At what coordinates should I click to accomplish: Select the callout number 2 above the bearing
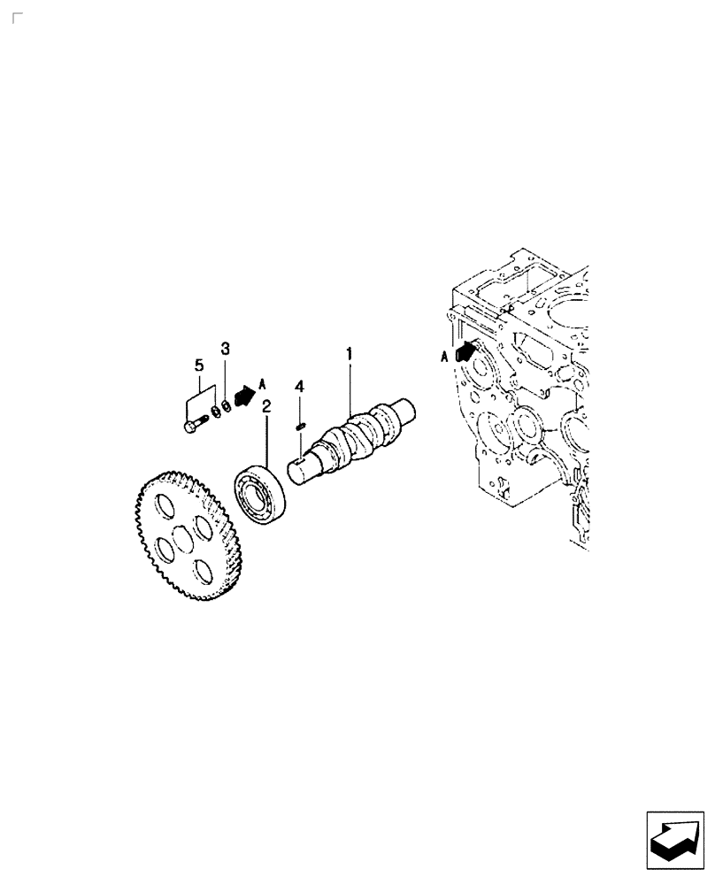[265, 406]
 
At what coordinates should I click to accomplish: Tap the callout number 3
[225, 348]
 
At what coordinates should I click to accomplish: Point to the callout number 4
[300, 387]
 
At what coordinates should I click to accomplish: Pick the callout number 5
[199, 364]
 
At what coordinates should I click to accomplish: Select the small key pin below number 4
[300, 427]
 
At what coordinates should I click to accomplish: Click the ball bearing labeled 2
[260, 495]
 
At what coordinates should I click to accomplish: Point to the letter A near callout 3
[262, 384]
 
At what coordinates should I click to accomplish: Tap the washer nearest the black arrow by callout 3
[227, 406]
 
